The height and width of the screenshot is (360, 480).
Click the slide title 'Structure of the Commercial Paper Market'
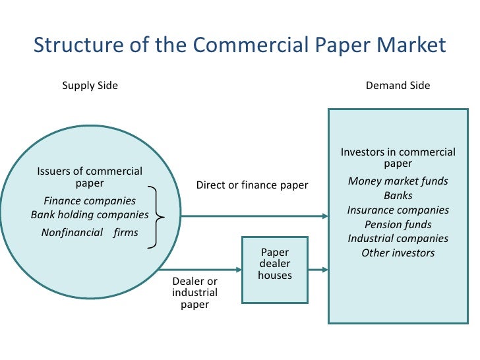tap(239, 45)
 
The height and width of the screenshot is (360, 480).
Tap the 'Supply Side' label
tap(90, 86)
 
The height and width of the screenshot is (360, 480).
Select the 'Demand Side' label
tap(398, 86)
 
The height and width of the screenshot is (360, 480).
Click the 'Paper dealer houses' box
tap(275, 269)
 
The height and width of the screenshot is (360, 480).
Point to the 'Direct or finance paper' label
tap(252, 185)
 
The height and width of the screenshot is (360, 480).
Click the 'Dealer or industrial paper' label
tap(195, 293)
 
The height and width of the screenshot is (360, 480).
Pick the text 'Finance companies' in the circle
tap(90, 200)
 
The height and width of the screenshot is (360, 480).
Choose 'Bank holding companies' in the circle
tap(90, 215)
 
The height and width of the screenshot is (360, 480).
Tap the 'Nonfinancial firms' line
tap(90, 232)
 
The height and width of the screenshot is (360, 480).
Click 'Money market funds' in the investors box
tap(398, 181)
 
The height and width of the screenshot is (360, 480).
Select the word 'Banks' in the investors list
tap(398, 196)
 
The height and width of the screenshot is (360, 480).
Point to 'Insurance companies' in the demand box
tap(398, 210)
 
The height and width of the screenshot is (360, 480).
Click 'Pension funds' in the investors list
tap(398, 225)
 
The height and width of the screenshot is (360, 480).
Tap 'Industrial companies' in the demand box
tap(398, 239)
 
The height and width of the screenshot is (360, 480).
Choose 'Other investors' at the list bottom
tap(398, 253)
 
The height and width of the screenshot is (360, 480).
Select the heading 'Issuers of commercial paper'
tap(90, 177)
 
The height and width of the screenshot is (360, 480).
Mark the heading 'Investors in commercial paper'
tap(398, 158)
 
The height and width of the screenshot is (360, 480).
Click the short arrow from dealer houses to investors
tap(317, 269)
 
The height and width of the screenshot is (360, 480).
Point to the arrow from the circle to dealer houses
tap(198, 269)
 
